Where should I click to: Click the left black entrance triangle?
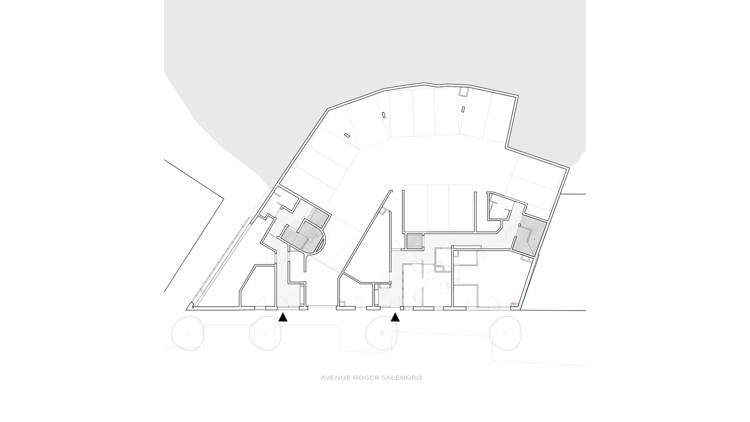[283, 317]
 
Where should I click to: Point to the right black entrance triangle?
[395, 317]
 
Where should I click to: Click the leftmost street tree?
[188, 334]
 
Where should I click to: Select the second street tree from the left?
[265, 334]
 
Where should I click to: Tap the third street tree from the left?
[382, 334]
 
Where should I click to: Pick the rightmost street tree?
[505, 334]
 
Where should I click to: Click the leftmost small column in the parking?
[347, 135]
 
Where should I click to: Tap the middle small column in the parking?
[384, 115]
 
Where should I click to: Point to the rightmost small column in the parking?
[463, 109]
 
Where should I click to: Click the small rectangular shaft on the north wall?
[463, 92]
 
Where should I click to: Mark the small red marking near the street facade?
[512, 303]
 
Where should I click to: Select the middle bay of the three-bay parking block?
[438, 208]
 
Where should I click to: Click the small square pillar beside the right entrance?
[402, 308]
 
